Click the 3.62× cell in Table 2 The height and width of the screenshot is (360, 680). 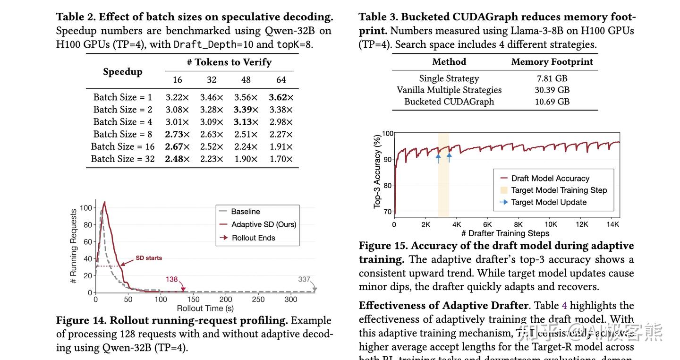point(281,97)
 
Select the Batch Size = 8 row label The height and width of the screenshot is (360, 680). point(122,134)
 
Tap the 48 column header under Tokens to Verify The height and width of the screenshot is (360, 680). point(246,80)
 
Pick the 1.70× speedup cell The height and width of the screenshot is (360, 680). point(281,159)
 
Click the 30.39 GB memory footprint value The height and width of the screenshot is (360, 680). point(552,90)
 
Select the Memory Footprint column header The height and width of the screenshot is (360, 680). point(552,62)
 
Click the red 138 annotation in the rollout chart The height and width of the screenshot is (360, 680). point(171,279)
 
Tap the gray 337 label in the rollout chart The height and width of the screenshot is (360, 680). point(304,279)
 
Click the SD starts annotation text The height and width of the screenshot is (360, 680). point(149,258)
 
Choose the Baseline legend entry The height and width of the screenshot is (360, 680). point(245,212)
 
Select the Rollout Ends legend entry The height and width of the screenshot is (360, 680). point(253,238)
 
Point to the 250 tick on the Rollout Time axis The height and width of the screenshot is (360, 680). point(258,300)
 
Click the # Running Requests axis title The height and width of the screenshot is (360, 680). point(74,246)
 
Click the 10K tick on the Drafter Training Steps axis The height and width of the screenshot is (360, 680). point(551,225)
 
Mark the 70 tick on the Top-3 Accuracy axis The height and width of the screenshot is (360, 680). point(388,212)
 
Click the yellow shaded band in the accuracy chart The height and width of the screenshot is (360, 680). point(443,189)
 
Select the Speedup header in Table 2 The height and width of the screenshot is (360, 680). point(123,71)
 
